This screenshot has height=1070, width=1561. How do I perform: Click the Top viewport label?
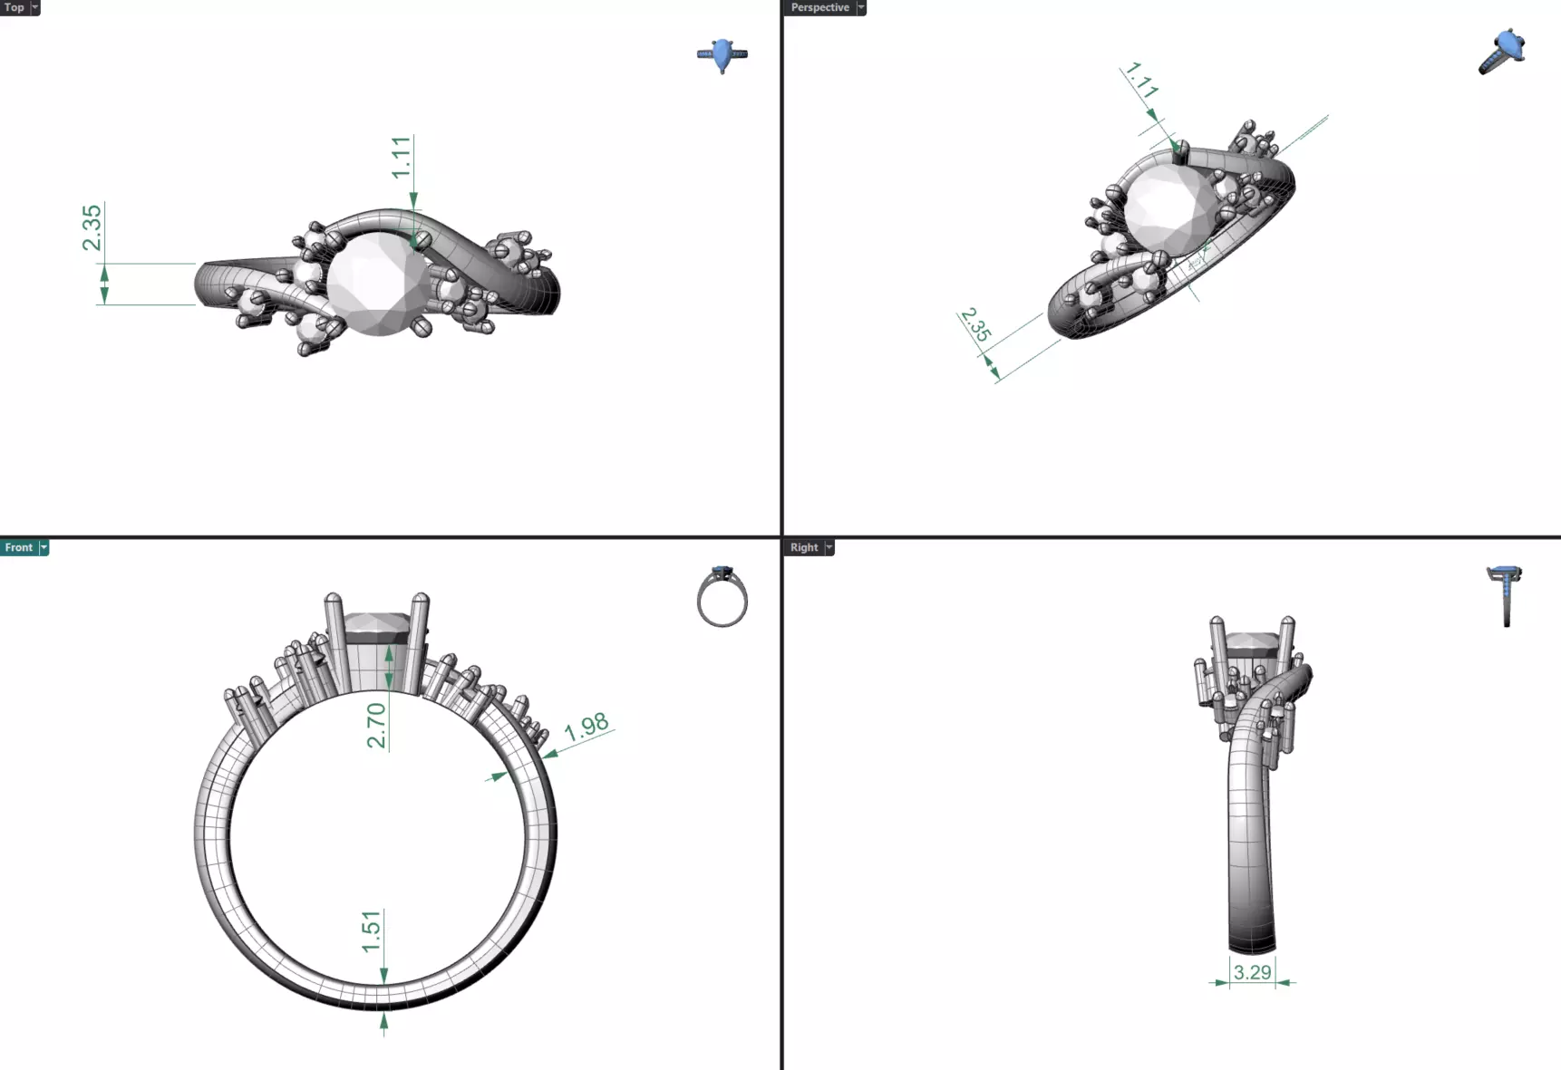click(14, 7)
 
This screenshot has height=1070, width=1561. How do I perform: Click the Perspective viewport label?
click(819, 7)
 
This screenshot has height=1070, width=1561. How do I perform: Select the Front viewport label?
click(18, 547)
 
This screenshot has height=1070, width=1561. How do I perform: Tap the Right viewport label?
click(803, 547)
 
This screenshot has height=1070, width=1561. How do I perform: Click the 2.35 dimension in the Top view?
click(92, 227)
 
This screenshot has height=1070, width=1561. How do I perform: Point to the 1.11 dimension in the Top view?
click(402, 158)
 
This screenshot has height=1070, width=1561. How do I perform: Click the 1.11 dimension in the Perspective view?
click(1141, 81)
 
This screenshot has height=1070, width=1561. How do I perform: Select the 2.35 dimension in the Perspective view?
click(975, 325)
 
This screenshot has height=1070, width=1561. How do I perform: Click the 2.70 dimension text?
click(376, 725)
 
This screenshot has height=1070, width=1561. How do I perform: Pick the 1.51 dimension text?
click(372, 931)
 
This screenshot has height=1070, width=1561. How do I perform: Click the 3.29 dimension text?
click(1252, 972)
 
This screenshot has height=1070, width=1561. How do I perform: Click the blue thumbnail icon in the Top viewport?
click(722, 54)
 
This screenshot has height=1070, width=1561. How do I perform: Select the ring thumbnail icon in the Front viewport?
click(722, 598)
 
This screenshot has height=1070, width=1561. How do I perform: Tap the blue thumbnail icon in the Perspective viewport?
click(1503, 52)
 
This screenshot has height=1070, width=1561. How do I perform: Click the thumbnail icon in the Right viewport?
click(1505, 594)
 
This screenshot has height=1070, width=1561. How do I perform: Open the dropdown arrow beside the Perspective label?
click(861, 7)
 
